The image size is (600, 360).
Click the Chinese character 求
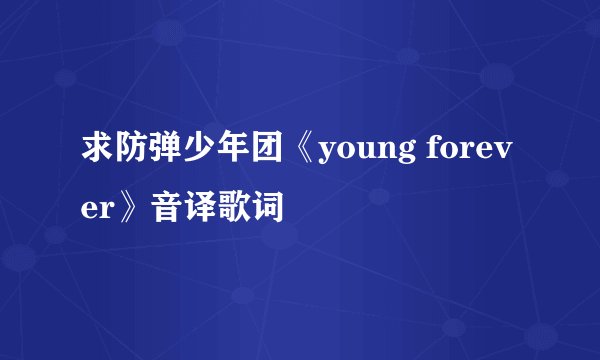pyautogui.click(x=96, y=158)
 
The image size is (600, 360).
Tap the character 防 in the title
pyautogui.click(x=128, y=158)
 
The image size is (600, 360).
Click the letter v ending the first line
pyautogui.click(x=507, y=159)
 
